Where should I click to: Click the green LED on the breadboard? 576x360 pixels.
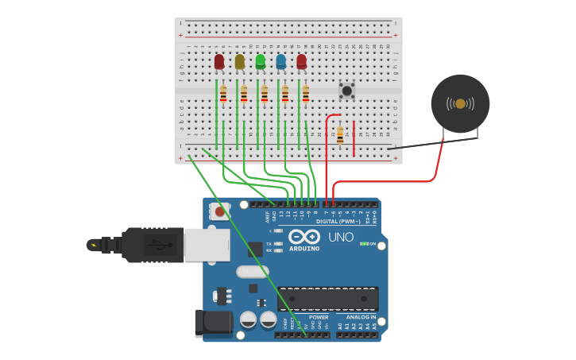coord(260,61)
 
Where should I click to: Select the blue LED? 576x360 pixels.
coord(280,61)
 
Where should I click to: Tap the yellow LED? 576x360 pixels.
coord(239,61)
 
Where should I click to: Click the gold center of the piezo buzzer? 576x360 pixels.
coord(460,103)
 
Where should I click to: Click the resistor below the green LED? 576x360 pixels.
coord(265,94)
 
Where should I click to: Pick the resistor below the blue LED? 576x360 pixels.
coord(285,94)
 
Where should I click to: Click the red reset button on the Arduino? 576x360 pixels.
coord(219,212)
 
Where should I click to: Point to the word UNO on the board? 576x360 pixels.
coord(341,238)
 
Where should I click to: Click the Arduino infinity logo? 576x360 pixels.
coord(303,237)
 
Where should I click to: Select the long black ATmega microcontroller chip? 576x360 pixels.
coord(327,299)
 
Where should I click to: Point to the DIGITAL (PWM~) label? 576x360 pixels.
coord(338,221)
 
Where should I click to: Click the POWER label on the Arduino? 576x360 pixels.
coord(319,317)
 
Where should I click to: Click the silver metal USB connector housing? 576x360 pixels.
coord(207,245)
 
